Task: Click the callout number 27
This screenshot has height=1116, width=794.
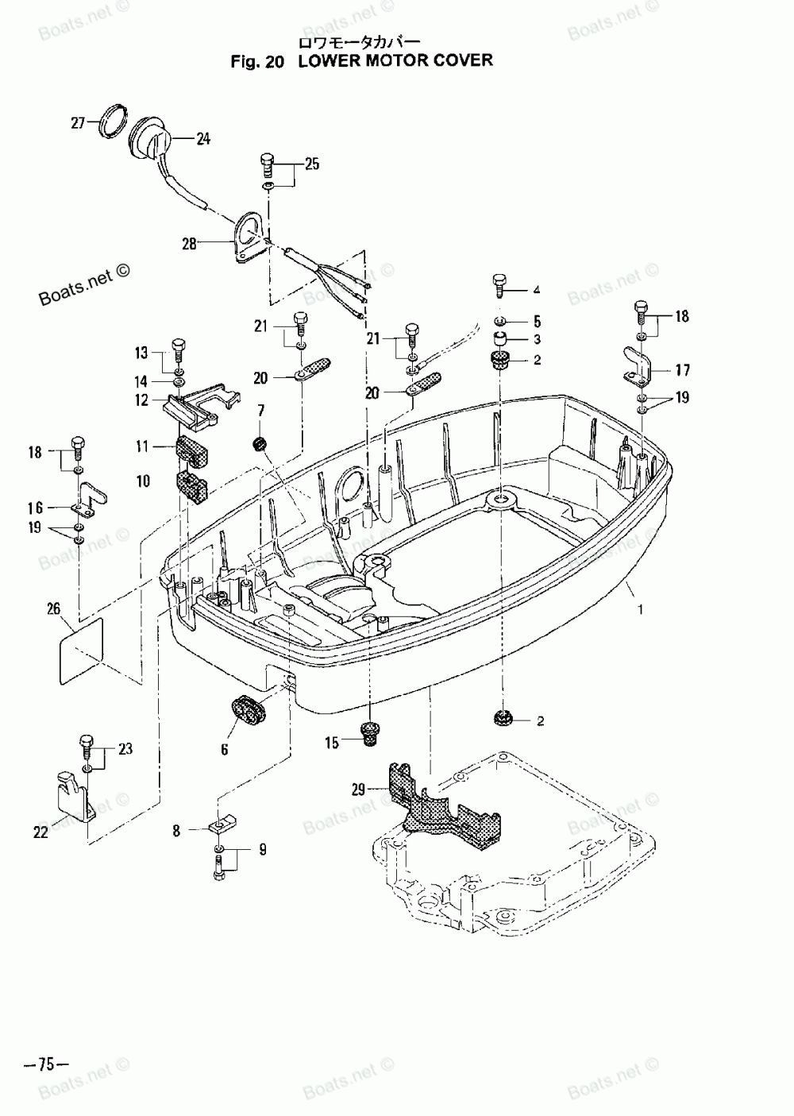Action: click(78, 122)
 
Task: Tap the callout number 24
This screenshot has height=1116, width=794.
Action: click(203, 139)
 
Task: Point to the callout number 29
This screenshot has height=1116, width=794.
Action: click(359, 790)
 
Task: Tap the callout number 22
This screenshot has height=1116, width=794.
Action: click(40, 832)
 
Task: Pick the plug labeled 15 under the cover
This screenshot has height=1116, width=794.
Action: click(369, 732)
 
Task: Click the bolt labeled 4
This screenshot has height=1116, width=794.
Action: click(499, 285)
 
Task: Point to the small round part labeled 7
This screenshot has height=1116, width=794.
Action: click(258, 443)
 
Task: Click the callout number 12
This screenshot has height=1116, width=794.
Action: click(141, 400)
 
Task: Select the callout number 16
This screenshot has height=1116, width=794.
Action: click(37, 506)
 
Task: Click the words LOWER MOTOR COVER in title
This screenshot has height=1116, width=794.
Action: click(395, 60)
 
